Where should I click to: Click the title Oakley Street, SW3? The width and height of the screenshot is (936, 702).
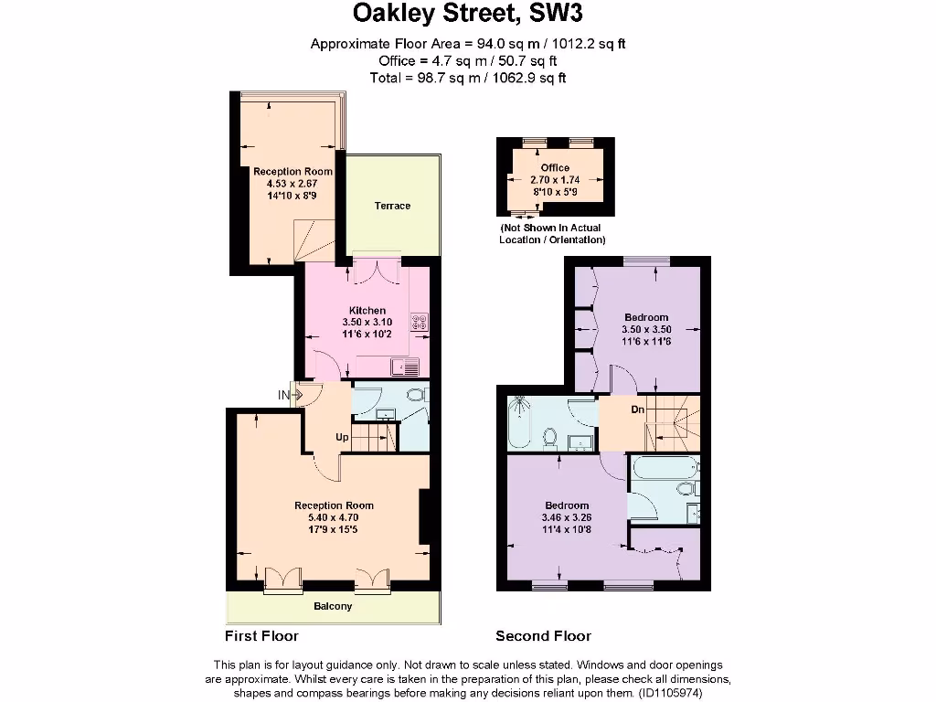(x=468, y=14)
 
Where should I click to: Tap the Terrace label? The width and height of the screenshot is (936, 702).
(x=392, y=206)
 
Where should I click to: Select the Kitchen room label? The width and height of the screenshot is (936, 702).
(x=367, y=311)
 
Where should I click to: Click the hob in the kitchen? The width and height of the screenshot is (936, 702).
(x=420, y=322)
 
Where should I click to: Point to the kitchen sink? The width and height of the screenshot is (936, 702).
(x=405, y=368)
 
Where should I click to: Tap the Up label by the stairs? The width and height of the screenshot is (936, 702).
(x=342, y=437)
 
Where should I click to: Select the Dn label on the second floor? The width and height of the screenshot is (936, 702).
(x=638, y=409)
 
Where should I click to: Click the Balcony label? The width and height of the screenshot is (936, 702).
(x=333, y=607)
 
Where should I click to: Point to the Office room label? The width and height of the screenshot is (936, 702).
(x=555, y=168)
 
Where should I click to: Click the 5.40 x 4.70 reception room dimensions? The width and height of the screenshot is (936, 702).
(x=334, y=517)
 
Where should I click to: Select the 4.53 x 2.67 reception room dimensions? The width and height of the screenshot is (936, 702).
(x=292, y=183)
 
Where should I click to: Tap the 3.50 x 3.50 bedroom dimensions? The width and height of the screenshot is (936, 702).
(x=646, y=329)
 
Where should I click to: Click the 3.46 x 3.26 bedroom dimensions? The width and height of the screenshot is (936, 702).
(x=567, y=517)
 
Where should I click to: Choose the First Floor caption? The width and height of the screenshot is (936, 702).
(x=261, y=636)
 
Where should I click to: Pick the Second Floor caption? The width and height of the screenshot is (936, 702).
(x=543, y=636)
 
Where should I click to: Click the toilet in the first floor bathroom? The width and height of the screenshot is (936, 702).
(x=416, y=395)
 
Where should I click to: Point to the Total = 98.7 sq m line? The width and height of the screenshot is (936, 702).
(x=468, y=79)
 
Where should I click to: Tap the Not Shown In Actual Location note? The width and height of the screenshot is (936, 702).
(x=552, y=233)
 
